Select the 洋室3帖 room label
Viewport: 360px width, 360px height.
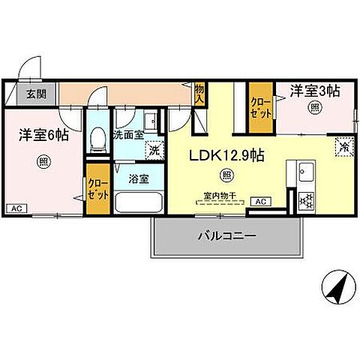point(315,91)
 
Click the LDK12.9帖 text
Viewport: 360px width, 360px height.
point(226,155)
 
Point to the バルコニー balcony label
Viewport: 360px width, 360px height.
point(227,235)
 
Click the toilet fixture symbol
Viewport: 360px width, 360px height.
point(96,138)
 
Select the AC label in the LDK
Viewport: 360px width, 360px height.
point(262,202)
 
